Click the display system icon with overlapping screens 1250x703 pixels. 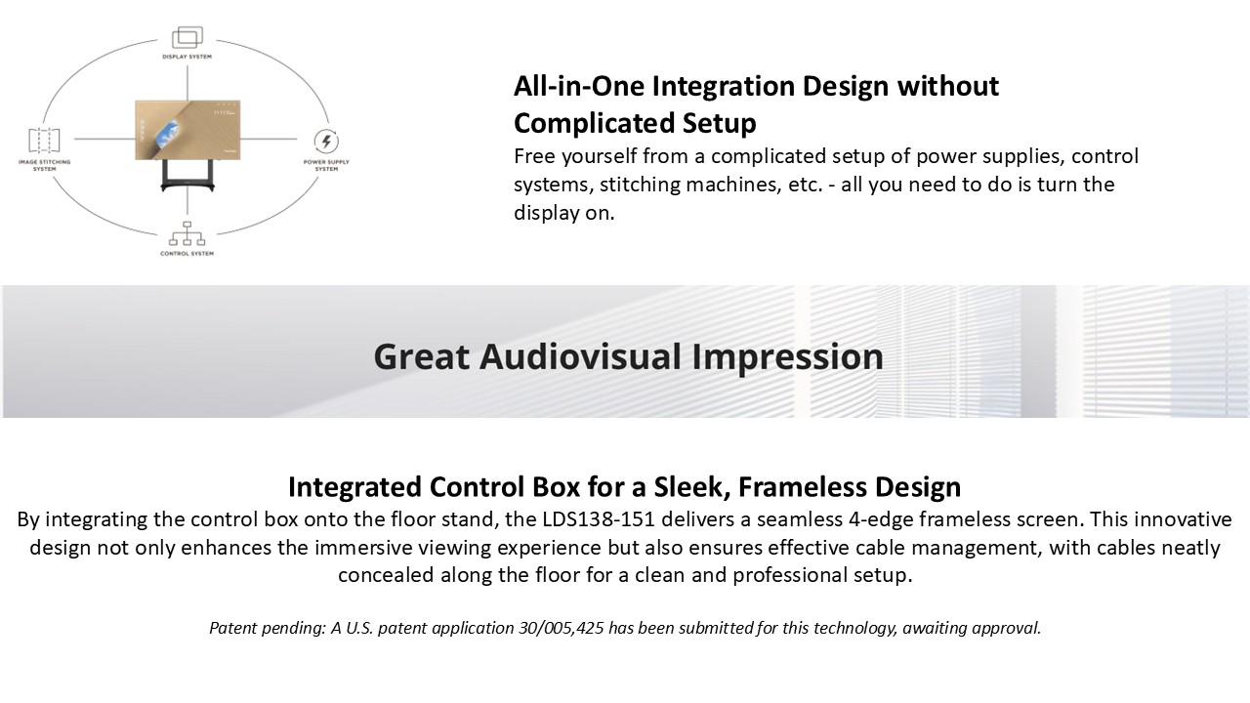click(187, 37)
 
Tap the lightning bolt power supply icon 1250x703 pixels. click(326, 142)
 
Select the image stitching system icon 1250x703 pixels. click(44, 140)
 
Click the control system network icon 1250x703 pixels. click(187, 233)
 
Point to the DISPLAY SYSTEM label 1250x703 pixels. click(187, 57)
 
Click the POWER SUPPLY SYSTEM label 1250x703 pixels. click(326, 165)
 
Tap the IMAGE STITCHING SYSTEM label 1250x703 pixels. click(45, 165)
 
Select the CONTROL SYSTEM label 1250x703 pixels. click(187, 253)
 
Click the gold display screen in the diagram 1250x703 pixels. click(188, 130)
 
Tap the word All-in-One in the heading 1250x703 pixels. click(579, 86)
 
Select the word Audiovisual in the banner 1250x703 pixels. click(580, 356)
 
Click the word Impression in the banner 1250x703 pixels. click(787, 357)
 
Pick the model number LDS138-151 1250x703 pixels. click(599, 518)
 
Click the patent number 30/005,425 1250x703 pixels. click(562, 628)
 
